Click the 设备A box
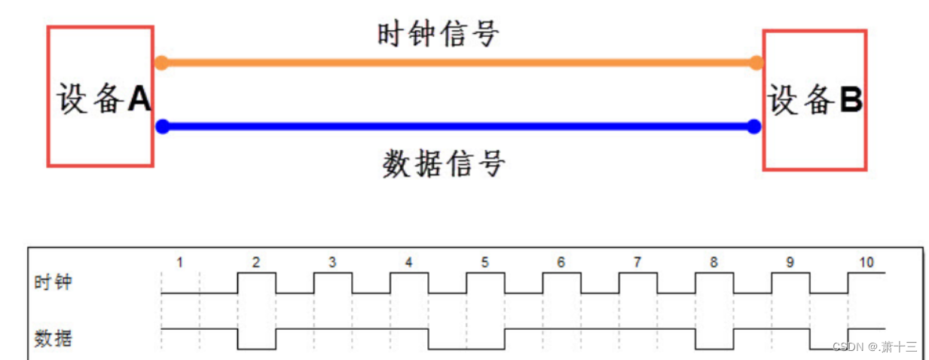pyautogui.click(x=100, y=96)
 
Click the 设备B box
pyautogui.click(x=814, y=99)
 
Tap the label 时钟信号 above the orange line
pyautogui.click(x=438, y=34)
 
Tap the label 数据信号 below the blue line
pyautogui.click(x=444, y=163)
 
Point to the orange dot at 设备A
pyautogui.click(x=160, y=63)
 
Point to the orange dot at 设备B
pyautogui.click(x=756, y=63)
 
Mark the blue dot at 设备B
pyautogui.click(x=753, y=127)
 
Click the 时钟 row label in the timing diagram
pyautogui.click(x=53, y=283)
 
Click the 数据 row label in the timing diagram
pyautogui.click(x=53, y=338)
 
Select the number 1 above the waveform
pyautogui.click(x=179, y=262)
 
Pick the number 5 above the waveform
pyautogui.click(x=484, y=262)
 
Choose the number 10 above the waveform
pyautogui.click(x=866, y=262)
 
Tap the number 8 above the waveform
pyautogui.click(x=714, y=262)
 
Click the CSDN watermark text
pyautogui.click(x=874, y=347)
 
